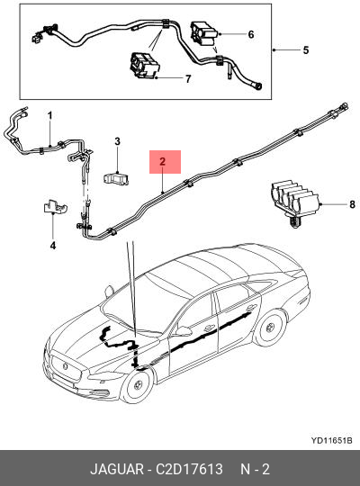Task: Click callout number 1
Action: click(49, 116)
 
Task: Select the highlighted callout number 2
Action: click(163, 161)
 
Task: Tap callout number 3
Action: click(117, 141)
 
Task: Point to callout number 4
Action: click(53, 246)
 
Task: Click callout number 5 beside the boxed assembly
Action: click(306, 50)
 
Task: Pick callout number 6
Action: click(251, 34)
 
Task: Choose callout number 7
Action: click(188, 78)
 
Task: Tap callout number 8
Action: click(352, 204)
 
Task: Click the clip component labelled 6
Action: click(203, 33)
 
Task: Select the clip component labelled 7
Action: click(145, 66)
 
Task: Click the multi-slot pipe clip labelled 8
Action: click(295, 202)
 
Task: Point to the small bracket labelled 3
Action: click(116, 179)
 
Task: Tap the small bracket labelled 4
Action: click(55, 206)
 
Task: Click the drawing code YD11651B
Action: click(332, 440)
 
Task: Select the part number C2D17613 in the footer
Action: click(189, 469)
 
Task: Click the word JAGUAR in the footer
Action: click(117, 469)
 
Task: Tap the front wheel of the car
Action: click(137, 386)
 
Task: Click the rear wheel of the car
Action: click(270, 328)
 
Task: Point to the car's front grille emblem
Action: click(66, 366)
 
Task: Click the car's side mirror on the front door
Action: click(184, 330)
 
